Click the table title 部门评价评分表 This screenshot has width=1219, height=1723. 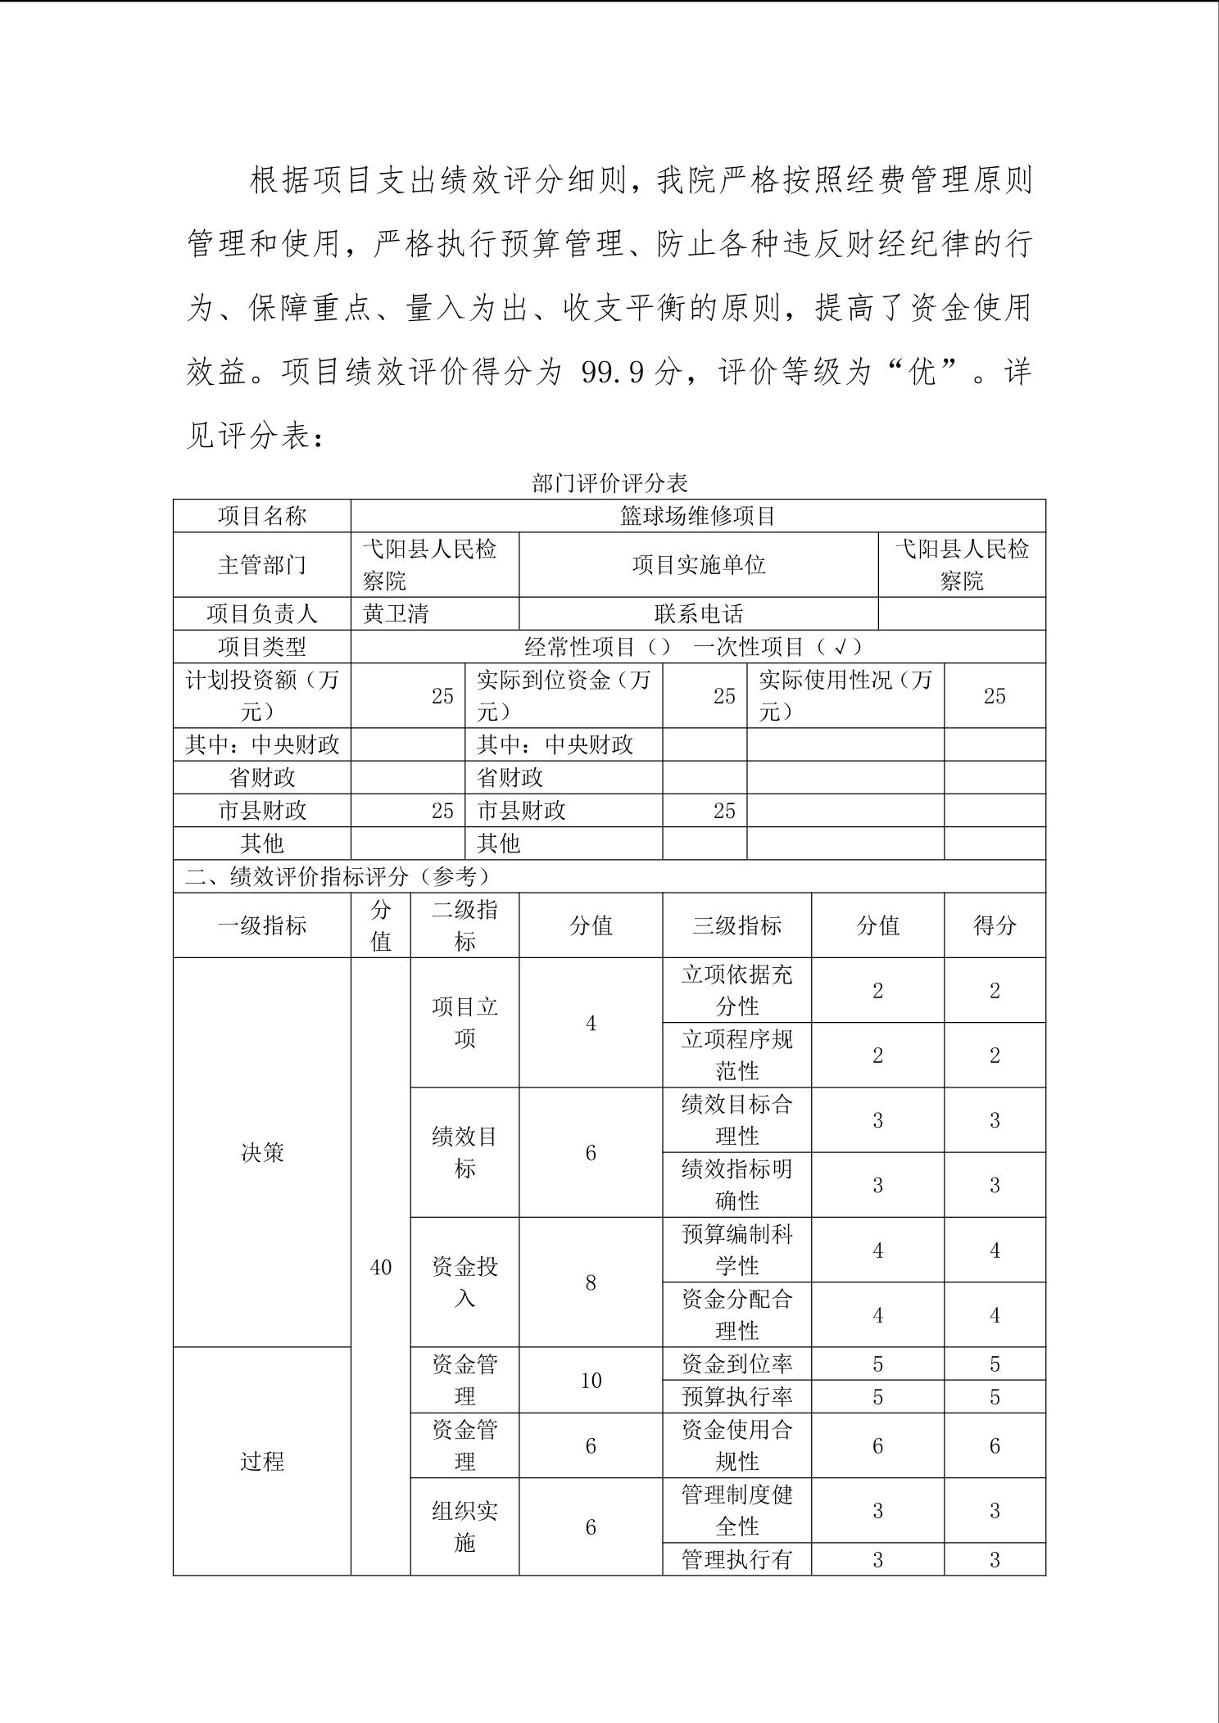coord(609,483)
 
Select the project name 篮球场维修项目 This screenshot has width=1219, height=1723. coord(697,516)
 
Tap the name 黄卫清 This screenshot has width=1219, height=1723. coord(396,614)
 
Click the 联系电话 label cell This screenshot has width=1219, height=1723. coord(698,614)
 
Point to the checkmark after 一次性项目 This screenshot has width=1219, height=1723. coord(839,647)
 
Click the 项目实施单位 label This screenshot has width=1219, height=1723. coord(698,565)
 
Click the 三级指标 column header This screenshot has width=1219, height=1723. coord(736,925)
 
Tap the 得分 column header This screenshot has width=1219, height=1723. coord(995,925)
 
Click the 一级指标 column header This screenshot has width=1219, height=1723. coord(262,925)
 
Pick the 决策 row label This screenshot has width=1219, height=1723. coord(262,1152)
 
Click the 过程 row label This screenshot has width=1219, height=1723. coord(262,1461)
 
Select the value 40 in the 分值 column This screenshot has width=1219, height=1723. coord(381,1267)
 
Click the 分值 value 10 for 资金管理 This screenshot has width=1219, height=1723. coord(591,1380)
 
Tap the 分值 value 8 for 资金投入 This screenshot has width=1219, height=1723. coord(591,1282)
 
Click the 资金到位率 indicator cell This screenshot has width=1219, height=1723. coord(736,1363)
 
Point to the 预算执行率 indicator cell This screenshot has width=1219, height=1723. coord(736,1396)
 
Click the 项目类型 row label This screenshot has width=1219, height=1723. coord(262,647)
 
